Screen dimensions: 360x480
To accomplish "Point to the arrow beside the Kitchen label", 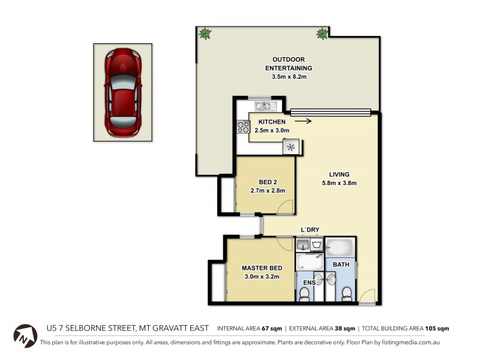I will [304, 121].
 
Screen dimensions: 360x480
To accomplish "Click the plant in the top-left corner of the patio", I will [205, 34].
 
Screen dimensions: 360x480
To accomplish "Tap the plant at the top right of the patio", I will [322, 34].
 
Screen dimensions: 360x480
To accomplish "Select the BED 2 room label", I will [267, 182].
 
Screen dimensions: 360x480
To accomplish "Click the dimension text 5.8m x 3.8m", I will [339, 183].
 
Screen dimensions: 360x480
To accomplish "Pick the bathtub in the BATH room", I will [340, 247].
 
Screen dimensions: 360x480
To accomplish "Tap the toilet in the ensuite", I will [305, 293].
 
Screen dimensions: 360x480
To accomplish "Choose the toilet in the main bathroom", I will [346, 293].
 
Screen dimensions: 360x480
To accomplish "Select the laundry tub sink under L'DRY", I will [303, 244].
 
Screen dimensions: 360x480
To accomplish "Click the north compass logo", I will [25, 334].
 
